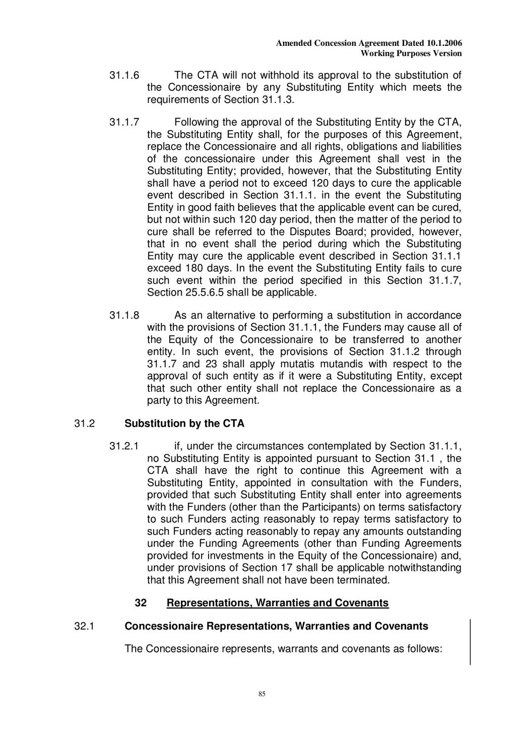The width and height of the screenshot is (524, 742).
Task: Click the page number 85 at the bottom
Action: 262,694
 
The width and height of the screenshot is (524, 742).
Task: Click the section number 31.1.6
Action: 124,76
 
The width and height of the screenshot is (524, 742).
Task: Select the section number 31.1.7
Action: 124,123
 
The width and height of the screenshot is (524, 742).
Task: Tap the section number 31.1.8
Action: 124,316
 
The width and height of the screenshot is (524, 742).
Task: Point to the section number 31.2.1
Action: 124,446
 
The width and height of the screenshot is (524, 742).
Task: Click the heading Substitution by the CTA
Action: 184,424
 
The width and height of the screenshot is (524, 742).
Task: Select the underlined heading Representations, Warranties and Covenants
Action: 278,603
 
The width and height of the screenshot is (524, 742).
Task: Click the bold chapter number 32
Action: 141,603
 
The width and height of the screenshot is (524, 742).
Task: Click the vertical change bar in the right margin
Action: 471,642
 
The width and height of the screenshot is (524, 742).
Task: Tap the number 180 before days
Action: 194,268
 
